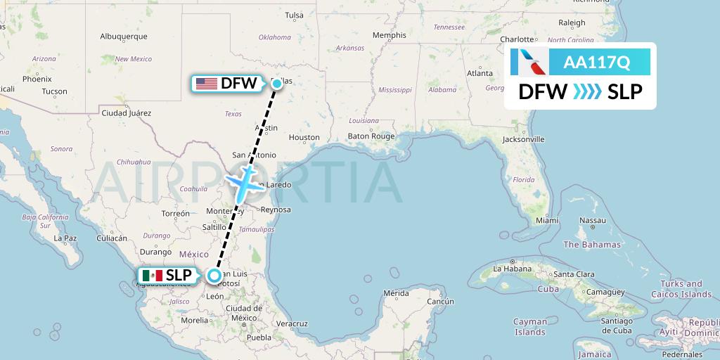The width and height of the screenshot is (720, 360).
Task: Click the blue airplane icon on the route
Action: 243,183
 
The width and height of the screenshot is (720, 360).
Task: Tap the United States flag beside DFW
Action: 206,84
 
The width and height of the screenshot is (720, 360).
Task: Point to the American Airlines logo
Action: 531,62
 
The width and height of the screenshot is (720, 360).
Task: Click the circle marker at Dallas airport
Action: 277,84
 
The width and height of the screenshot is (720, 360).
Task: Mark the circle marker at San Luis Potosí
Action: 216,276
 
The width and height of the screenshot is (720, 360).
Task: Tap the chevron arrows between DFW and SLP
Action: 587,92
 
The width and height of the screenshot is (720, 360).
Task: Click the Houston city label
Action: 304,138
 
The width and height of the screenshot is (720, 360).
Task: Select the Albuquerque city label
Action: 123,36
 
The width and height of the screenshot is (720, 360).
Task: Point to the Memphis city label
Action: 390,35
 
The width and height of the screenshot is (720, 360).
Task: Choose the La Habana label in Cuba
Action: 513,269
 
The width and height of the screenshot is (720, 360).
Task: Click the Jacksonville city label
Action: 524,139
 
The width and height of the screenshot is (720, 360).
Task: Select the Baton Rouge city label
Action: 372,136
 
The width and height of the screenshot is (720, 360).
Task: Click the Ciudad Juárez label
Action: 127,112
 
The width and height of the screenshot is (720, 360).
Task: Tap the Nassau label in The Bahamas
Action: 592,221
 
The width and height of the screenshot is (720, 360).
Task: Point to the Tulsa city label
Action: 295,15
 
